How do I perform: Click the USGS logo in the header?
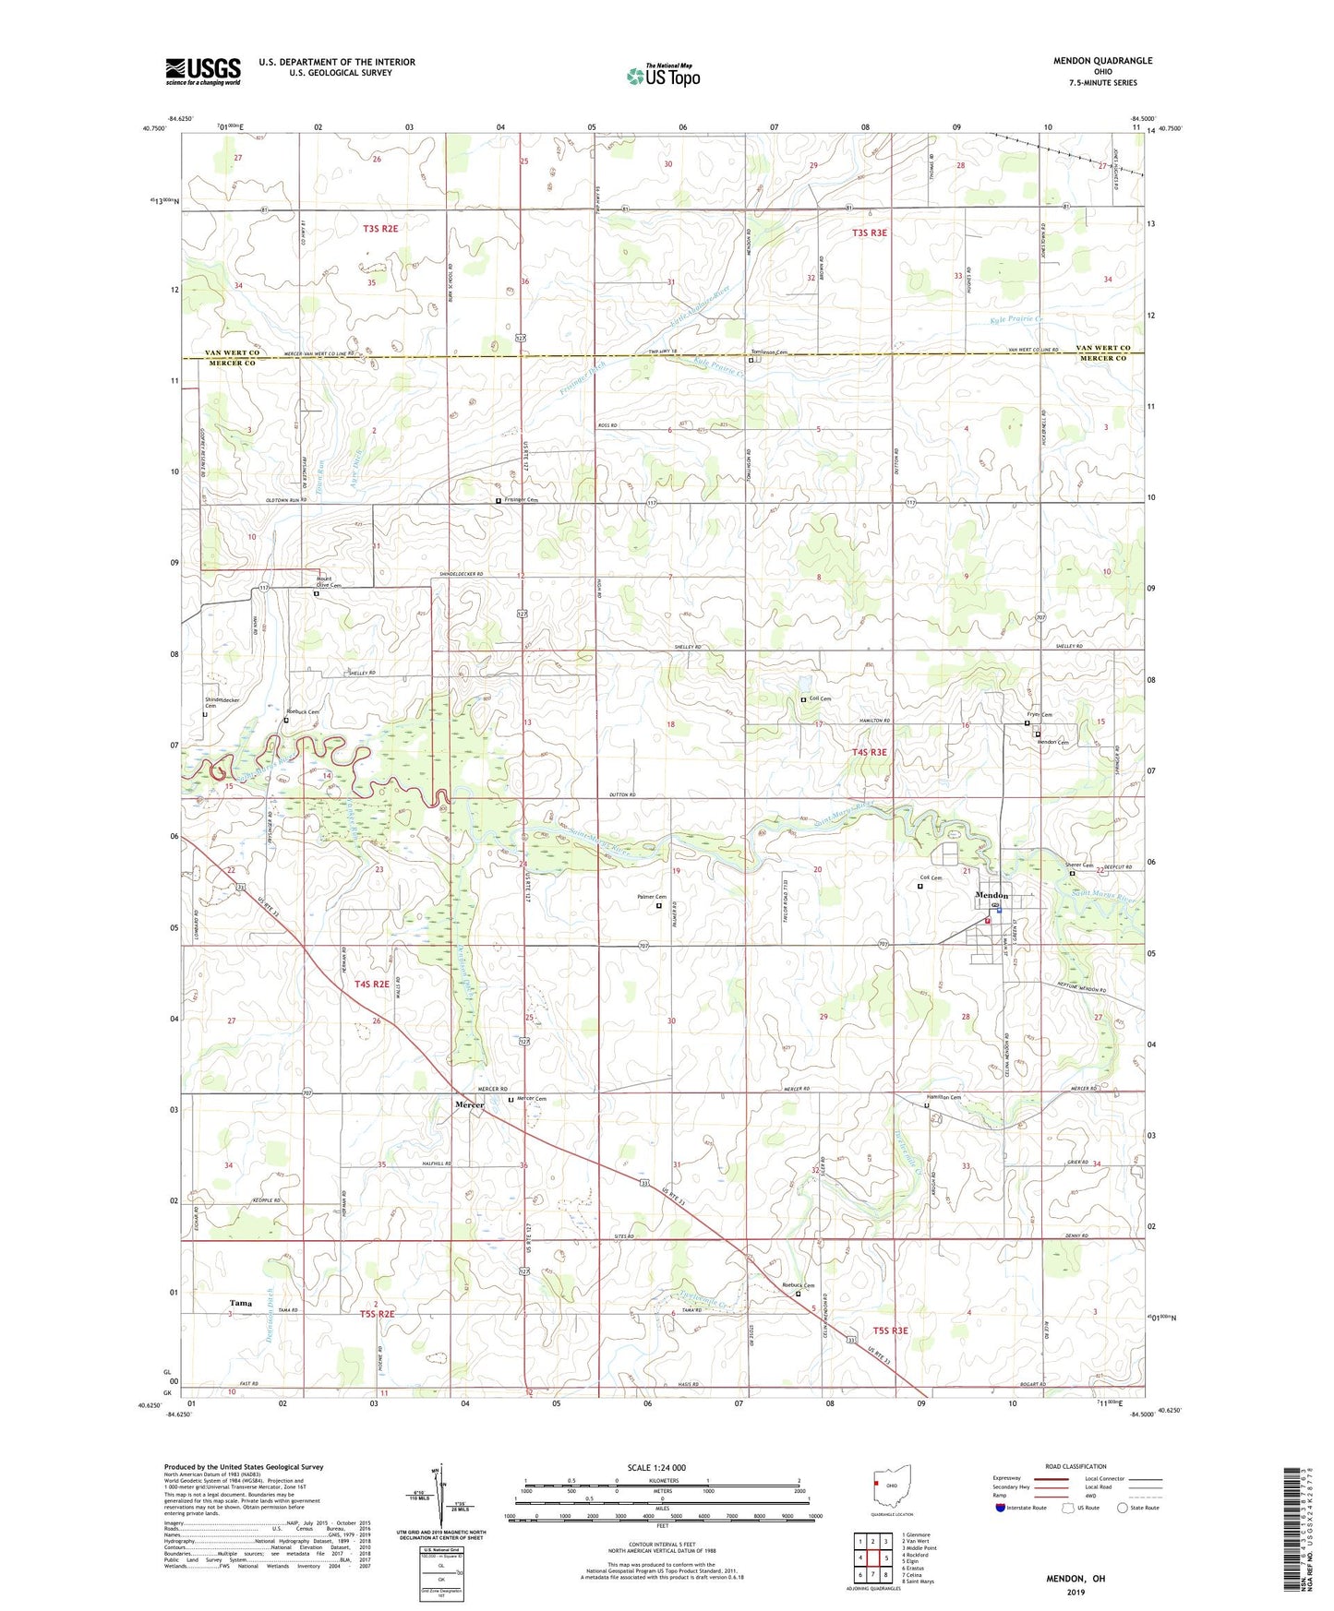pyautogui.click(x=203, y=71)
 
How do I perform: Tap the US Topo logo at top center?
pyautogui.click(x=662, y=76)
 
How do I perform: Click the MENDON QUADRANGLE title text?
pyautogui.click(x=1102, y=61)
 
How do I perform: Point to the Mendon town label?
pyautogui.click(x=991, y=896)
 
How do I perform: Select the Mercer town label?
pyautogui.click(x=469, y=1104)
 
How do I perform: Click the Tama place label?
pyautogui.click(x=241, y=1303)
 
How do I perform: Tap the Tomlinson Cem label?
pyautogui.click(x=769, y=352)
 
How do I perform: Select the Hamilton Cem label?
pyautogui.click(x=943, y=1097)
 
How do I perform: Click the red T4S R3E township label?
pyautogui.click(x=869, y=752)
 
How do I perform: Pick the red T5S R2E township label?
pyautogui.click(x=377, y=1314)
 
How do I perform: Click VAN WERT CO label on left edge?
pyautogui.click(x=231, y=352)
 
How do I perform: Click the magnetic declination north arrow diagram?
pyautogui.click(x=440, y=1499)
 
